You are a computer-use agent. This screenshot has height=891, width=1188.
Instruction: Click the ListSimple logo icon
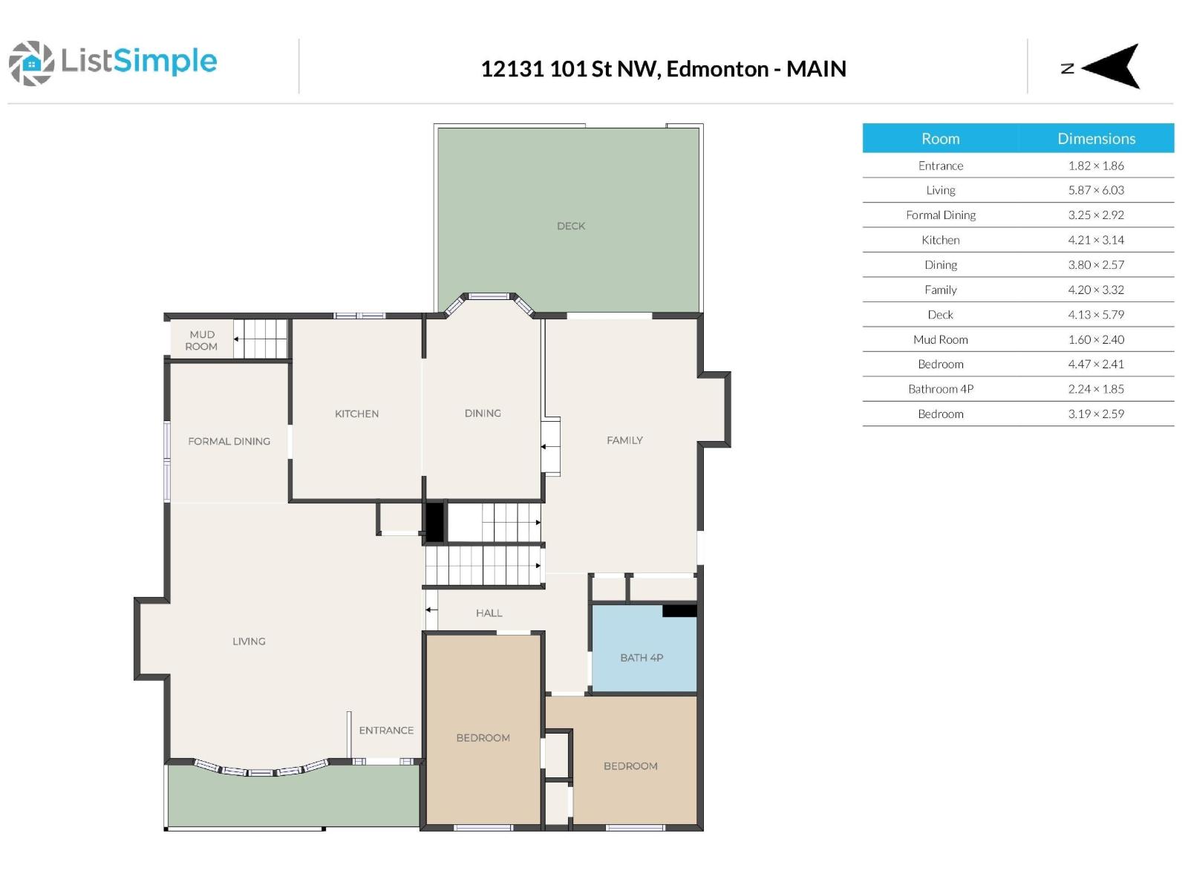(x=31, y=63)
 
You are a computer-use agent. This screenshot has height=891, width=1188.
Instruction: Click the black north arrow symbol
(x=1113, y=67)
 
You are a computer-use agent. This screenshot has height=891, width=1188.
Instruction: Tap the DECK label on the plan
(x=570, y=226)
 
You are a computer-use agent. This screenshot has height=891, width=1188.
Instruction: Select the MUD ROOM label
(x=201, y=340)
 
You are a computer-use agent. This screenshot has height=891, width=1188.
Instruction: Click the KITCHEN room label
(x=356, y=414)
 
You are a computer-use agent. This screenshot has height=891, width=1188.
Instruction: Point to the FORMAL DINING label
(x=229, y=441)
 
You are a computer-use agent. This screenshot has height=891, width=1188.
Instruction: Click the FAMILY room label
(x=624, y=440)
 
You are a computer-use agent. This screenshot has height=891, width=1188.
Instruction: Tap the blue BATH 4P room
(x=642, y=658)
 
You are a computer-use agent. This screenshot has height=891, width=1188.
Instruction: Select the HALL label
(x=489, y=613)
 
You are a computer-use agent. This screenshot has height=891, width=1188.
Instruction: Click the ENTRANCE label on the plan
(x=386, y=730)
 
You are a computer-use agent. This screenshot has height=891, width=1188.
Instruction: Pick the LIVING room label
(x=249, y=641)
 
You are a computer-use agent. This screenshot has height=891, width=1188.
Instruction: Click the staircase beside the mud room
(x=261, y=339)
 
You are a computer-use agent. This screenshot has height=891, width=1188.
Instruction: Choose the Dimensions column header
(x=1096, y=138)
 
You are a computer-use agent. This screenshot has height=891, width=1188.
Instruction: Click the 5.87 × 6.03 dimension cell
(x=1096, y=190)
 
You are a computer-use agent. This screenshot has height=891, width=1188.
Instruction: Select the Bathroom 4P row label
(x=940, y=389)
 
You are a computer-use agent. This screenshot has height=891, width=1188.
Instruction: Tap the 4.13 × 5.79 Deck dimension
(x=1096, y=315)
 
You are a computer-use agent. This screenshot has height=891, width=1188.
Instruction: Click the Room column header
(x=940, y=138)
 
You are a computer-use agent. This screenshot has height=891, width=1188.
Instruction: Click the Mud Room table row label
(x=940, y=339)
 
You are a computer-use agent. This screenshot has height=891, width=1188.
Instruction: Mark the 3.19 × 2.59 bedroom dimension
(x=1096, y=414)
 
